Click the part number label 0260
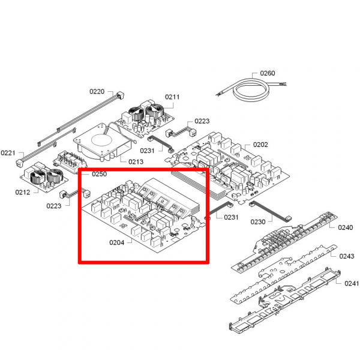point(268,73)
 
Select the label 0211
point(172,97)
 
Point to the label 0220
point(97,92)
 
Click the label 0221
point(8,153)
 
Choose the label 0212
point(23,192)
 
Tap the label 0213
point(136,162)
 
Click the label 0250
point(100,174)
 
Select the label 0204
point(117,242)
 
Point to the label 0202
point(260,145)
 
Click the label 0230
point(258,222)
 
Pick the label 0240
point(346,227)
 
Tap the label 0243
point(347,256)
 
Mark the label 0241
point(352,284)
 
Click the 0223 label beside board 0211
point(202,121)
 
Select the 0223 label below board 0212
point(54,206)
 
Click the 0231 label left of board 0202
point(147,151)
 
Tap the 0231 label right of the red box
point(231,217)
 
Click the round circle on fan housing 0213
point(101,140)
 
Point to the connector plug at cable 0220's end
point(121,95)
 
